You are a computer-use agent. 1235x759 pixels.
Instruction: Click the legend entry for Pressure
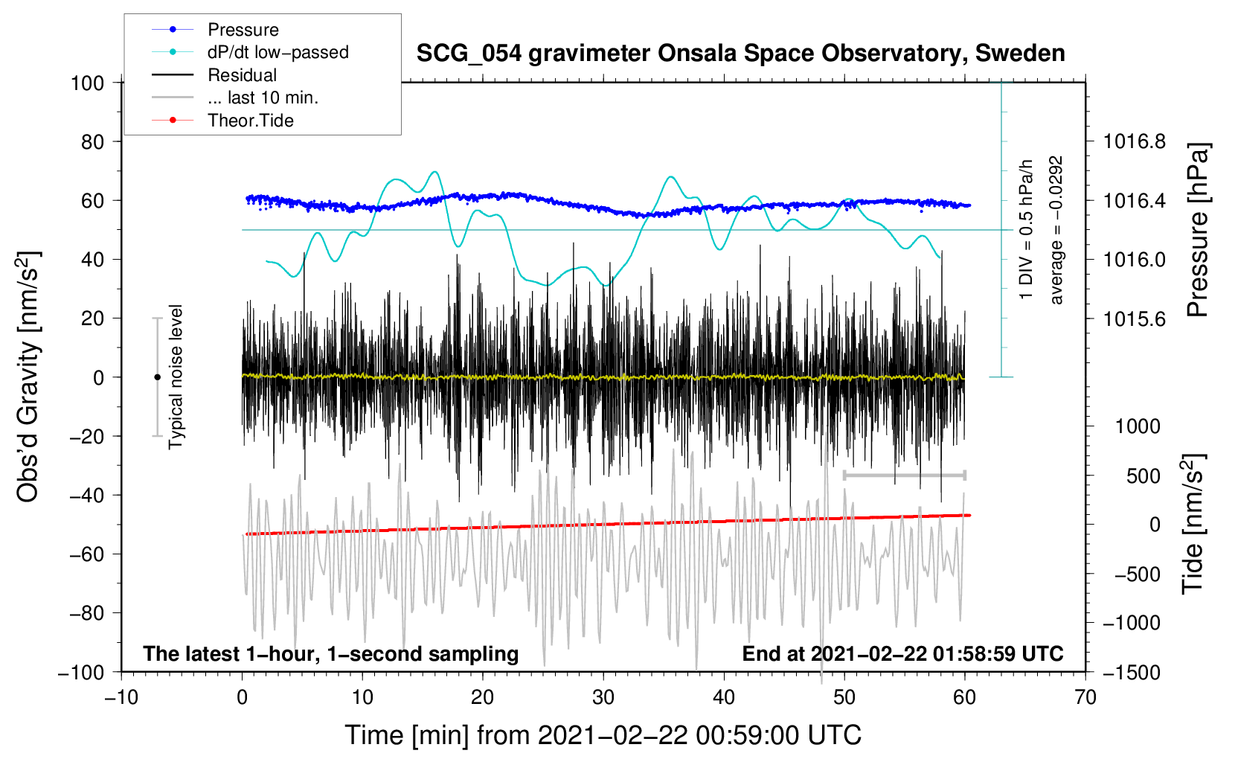point(216,29)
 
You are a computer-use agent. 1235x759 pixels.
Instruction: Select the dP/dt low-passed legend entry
point(250,52)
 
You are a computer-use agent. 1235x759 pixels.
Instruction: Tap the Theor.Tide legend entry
point(222,121)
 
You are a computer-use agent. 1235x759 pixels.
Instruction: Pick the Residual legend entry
point(214,75)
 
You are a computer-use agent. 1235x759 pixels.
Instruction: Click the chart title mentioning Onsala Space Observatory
point(740,54)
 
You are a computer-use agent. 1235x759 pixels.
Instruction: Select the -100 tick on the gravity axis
point(82,673)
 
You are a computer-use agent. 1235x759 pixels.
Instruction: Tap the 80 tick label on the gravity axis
point(92,142)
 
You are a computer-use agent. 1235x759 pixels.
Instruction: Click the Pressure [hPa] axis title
point(1198,230)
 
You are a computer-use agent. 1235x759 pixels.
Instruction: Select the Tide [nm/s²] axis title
point(1193,524)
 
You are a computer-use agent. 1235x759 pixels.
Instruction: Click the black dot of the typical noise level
point(157,377)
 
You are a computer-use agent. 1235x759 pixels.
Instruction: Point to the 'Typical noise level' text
point(176,377)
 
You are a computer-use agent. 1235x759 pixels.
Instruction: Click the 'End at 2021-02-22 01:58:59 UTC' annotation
point(902,653)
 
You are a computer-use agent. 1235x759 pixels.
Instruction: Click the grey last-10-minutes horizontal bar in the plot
point(904,475)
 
